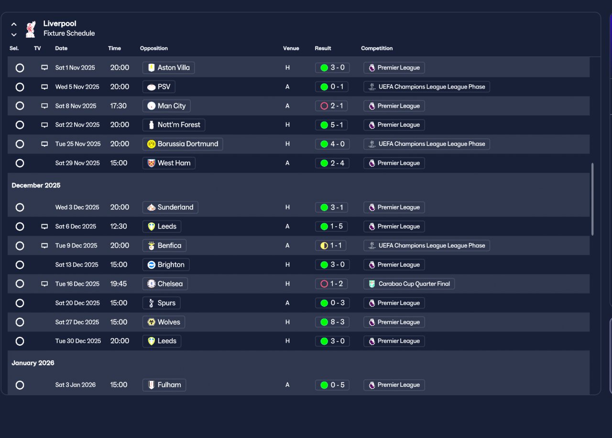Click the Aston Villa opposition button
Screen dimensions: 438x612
click(168, 68)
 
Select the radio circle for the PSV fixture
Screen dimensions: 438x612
click(20, 87)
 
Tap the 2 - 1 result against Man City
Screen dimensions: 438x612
click(332, 106)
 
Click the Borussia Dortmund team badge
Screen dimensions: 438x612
click(152, 144)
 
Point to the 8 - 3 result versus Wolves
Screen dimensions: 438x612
click(332, 322)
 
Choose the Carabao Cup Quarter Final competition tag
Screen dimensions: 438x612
click(409, 284)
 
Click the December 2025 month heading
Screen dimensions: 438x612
click(36, 186)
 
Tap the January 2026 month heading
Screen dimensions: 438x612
click(33, 363)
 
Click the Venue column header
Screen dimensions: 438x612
click(291, 48)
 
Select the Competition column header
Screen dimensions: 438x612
click(377, 48)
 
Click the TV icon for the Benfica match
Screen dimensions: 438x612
click(44, 246)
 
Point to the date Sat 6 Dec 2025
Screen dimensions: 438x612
click(76, 227)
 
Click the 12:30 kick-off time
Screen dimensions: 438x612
click(119, 227)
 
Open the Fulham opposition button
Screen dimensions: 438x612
click(164, 385)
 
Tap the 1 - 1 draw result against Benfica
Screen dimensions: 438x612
click(332, 246)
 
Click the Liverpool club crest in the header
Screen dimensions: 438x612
click(31, 29)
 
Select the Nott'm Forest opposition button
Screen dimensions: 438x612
click(174, 125)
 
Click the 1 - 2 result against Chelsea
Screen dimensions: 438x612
click(332, 284)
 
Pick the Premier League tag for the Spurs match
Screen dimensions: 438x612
click(394, 303)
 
